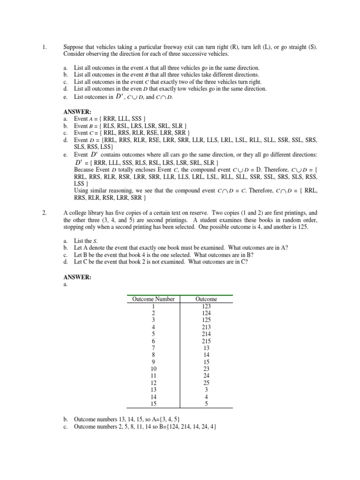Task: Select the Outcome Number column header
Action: pyautogui.click(x=153, y=299)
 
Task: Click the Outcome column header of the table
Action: pyautogui.click(x=206, y=299)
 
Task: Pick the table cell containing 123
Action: pyautogui.click(x=206, y=306)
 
